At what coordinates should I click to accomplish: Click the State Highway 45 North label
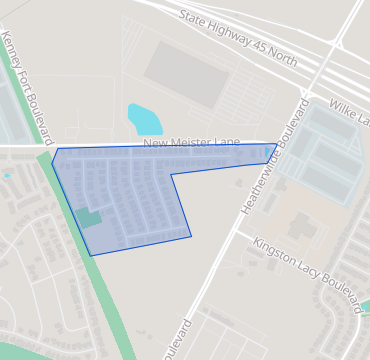click(x=238, y=40)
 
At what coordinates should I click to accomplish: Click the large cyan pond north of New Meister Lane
click(x=143, y=119)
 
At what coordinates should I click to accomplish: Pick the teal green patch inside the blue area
click(x=89, y=218)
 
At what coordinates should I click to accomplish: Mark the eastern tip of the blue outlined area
click(x=277, y=145)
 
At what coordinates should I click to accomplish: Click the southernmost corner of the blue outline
click(x=92, y=255)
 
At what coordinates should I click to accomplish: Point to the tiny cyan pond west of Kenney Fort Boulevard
click(x=6, y=175)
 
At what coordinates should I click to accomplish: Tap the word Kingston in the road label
click(x=271, y=251)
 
